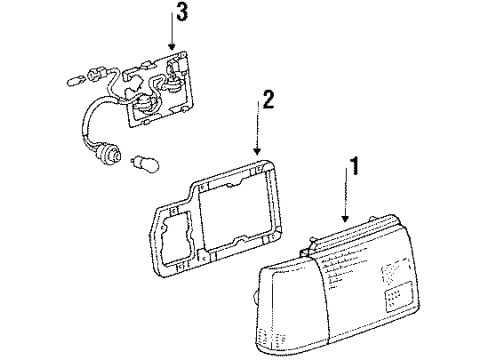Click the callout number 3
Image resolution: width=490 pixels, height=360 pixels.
[182, 13]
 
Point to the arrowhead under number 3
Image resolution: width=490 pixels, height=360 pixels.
[172, 47]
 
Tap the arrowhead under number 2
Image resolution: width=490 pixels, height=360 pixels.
[257, 151]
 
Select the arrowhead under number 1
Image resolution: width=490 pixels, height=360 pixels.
[345, 218]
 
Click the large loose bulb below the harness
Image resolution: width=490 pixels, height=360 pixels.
[145, 163]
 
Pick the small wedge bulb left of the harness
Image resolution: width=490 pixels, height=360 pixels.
[74, 81]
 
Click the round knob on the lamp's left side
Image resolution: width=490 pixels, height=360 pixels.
[255, 297]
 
